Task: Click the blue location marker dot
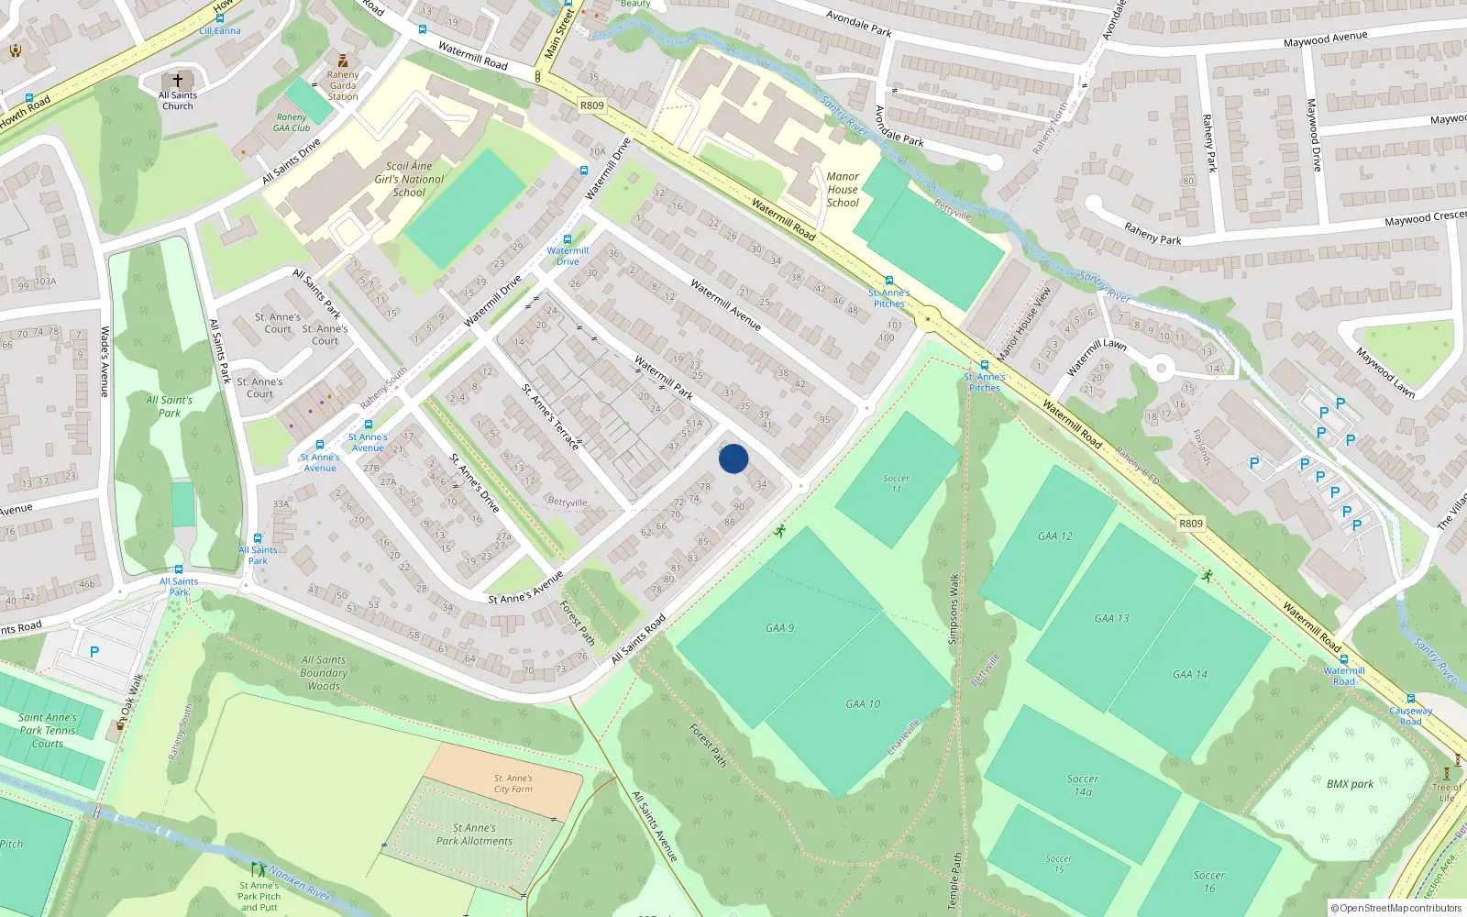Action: point(733,458)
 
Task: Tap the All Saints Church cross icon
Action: point(178,81)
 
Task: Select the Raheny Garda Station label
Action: point(343,85)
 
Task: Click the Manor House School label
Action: point(843,190)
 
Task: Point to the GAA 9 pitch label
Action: point(779,628)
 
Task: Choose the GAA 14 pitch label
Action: point(1190,674)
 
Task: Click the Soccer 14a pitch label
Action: point(1083,785)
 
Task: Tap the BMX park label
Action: point(1350,784)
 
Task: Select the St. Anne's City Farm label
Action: point(513,783)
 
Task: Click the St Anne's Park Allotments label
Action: point(474,834)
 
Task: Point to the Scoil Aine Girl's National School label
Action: point(409,179)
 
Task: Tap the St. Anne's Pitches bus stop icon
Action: point(888,281)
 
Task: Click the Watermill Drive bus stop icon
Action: point(567,239)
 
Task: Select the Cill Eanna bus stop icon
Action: point(220,18)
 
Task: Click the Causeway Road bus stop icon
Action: point(1411,699)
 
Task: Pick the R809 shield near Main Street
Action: point(592,105)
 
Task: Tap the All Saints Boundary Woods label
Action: point(324,672)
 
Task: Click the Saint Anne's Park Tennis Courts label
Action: point(48,730)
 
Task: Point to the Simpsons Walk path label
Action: point(954,609)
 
